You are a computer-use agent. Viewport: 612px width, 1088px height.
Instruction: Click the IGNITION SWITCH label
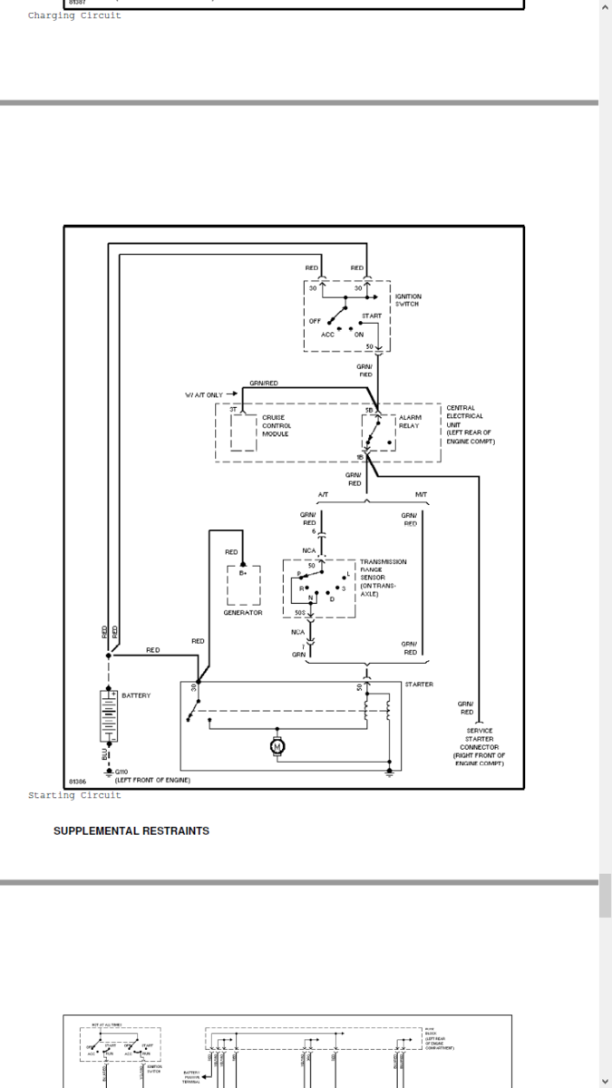click(407, 300)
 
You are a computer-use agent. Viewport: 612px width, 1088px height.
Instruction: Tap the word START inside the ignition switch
click(372, 316)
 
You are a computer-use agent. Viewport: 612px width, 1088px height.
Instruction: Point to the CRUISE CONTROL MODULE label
click(277, 425)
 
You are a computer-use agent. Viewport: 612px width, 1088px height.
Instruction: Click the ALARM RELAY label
click(410, 422)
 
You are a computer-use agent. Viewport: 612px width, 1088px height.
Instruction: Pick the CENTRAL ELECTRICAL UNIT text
click(468, 424)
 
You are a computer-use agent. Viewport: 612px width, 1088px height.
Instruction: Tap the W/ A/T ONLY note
click(204, 394)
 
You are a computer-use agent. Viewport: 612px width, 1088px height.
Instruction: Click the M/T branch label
click(422, 494)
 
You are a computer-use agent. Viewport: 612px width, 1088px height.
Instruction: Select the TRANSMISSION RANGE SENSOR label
click(383, 578)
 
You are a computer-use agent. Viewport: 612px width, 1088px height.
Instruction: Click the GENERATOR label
click(242, 613)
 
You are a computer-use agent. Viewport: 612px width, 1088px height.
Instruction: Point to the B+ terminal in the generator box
click(243, 573)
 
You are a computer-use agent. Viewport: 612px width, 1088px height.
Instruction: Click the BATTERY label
click(136, 695)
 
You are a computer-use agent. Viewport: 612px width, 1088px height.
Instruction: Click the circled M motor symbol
click(277, 745)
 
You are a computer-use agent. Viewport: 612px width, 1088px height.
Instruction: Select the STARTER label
click(419, 685)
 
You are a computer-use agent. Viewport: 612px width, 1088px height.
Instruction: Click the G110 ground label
click(121, 772)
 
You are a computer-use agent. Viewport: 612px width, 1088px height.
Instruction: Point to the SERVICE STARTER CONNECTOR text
click(480, 746)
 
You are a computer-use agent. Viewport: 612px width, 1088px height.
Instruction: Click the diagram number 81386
click(79, 781)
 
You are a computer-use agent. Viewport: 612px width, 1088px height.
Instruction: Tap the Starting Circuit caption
click(74, 795)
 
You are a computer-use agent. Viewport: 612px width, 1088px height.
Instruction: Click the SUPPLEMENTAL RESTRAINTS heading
click(131, 831)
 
